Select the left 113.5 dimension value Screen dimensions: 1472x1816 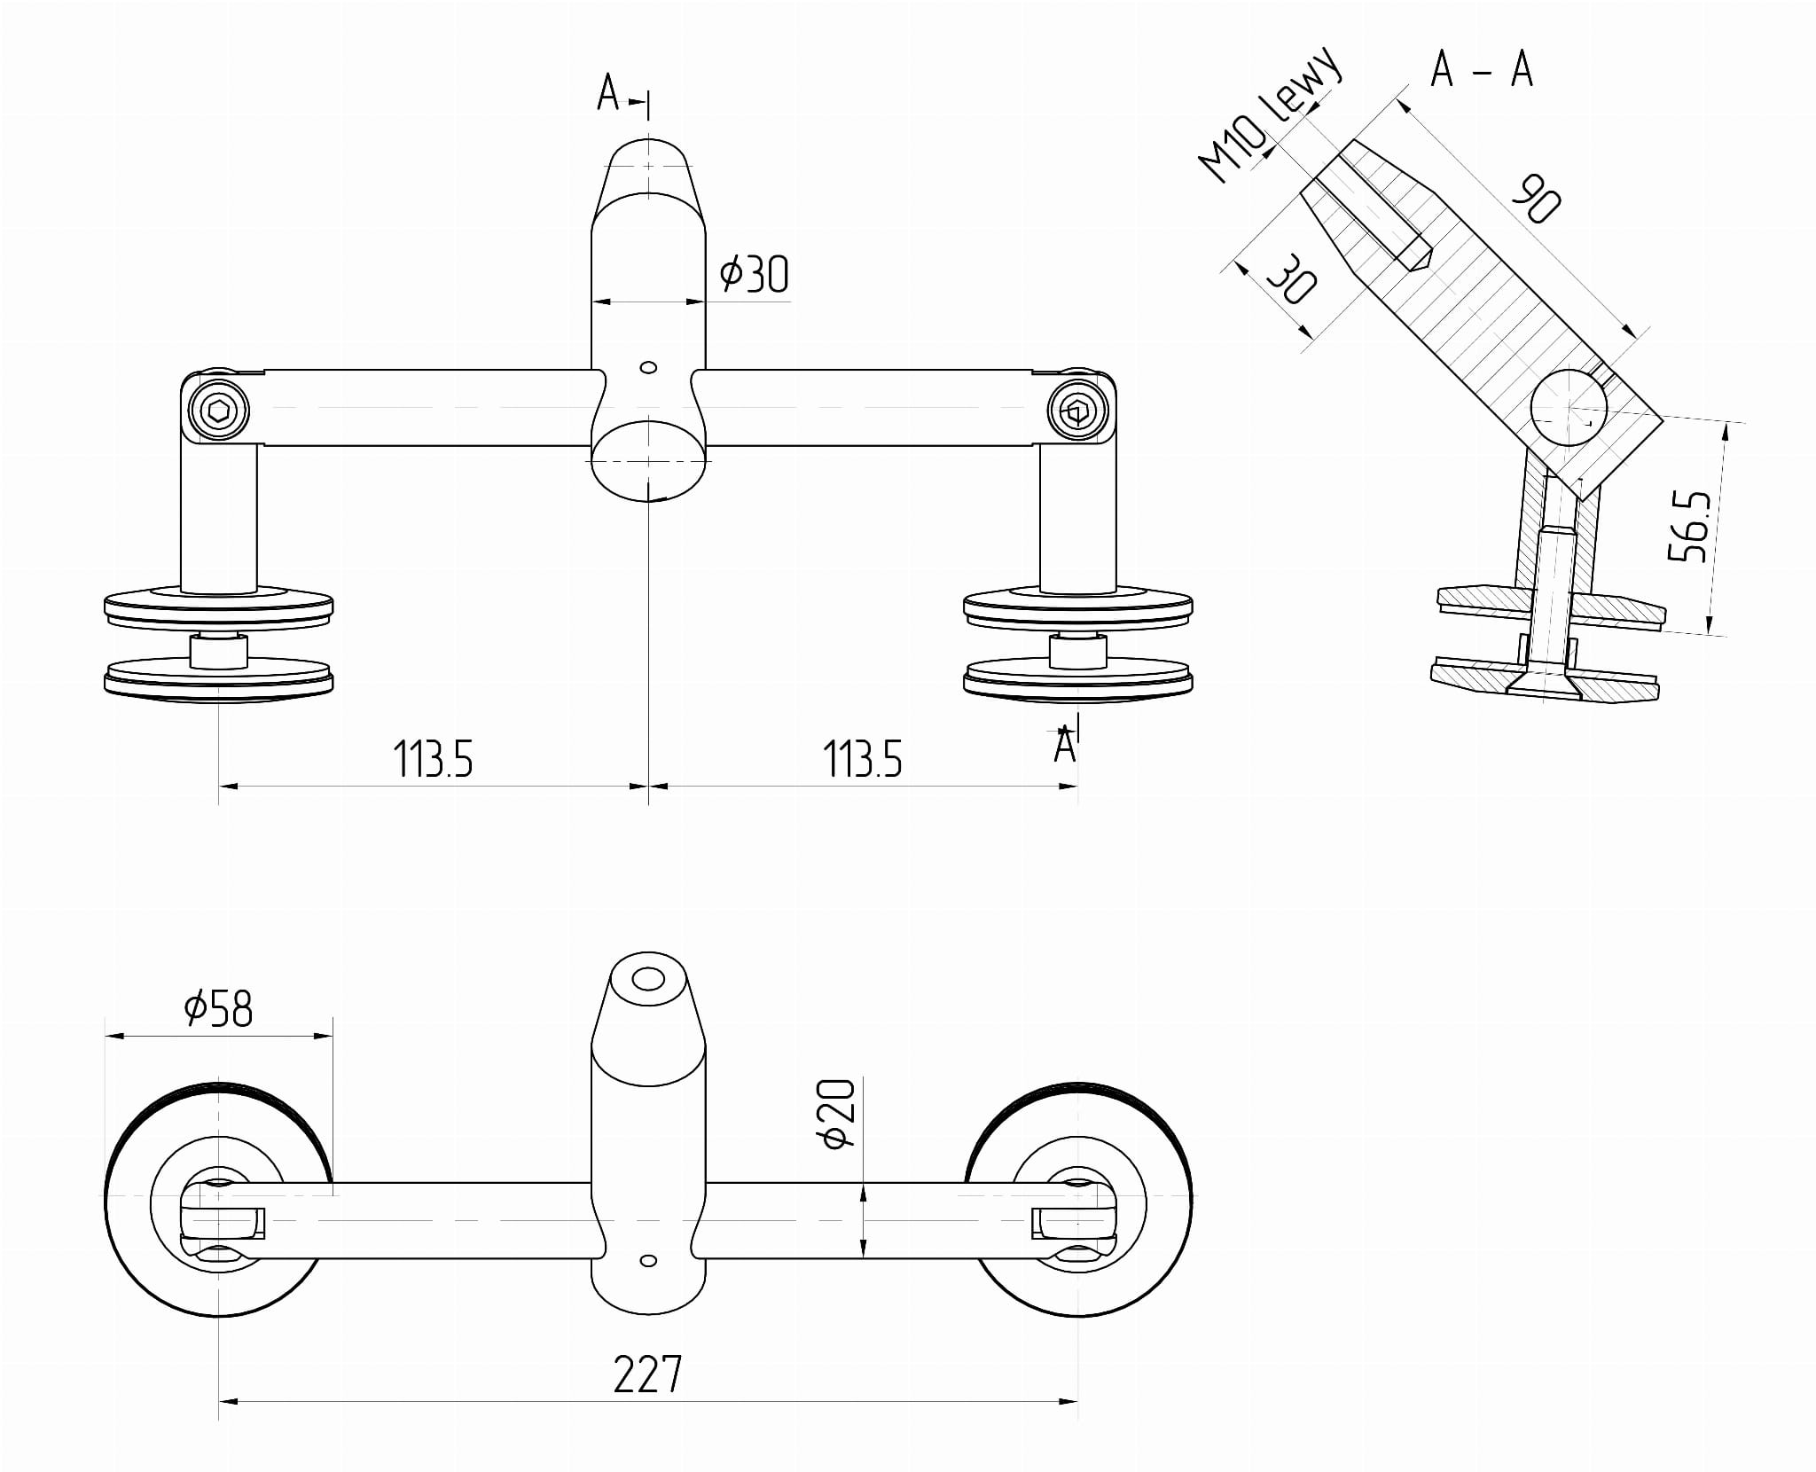tap(433, 759)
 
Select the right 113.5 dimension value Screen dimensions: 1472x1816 tap(862, 759)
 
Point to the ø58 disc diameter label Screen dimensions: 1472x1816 tap(218, 1008)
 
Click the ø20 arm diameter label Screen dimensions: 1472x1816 tap(839, 1113)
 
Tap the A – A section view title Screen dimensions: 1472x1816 tap(1482, 69)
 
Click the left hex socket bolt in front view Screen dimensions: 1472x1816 tap(218, 411)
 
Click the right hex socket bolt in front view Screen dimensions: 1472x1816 tap(1077, 411)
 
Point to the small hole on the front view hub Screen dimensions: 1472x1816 tap(648, 367)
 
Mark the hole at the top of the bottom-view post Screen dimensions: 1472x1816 tap(648, 980)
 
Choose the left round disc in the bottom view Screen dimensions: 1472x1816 tap(218, 1204)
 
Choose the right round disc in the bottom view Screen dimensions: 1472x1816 tap(1078, 1204)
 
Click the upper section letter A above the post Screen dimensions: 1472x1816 tap(608, 92)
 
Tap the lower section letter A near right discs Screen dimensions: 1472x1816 tap(1064, 745)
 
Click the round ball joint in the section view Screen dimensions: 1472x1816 tap(1568, 409)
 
